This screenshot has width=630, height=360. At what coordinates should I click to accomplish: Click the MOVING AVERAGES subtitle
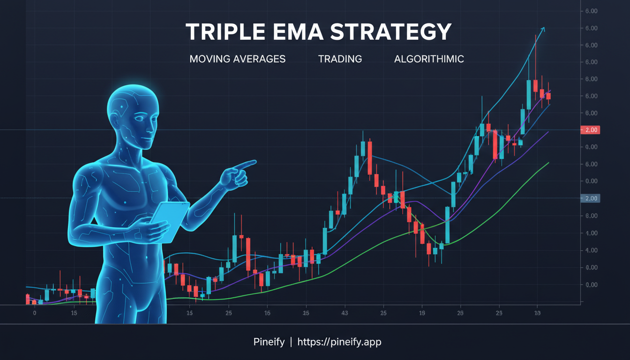[237, 60]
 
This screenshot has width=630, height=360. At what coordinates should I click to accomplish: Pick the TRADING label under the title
[340, 60]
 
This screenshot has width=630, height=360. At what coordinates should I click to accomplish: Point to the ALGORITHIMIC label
[429, 60]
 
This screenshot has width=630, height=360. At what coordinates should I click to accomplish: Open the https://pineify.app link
[340, 342]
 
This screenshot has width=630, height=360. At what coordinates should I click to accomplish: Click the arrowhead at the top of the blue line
[543, 29]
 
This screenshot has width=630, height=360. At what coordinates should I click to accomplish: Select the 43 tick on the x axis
[345, 313]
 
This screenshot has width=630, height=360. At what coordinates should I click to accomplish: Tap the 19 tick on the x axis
[422, 313]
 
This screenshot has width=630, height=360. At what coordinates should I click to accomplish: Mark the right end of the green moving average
[548, 163]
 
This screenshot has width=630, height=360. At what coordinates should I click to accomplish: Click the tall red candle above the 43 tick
[370, 157]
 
